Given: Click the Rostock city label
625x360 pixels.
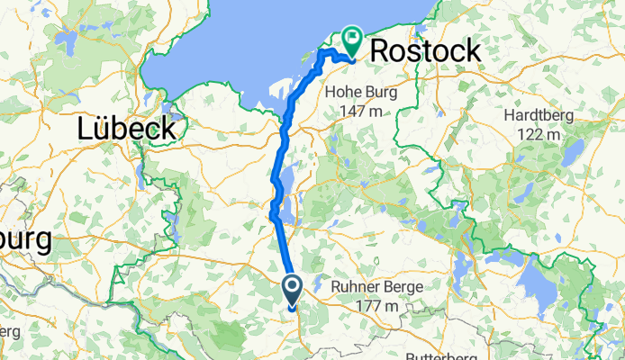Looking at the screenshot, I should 426,50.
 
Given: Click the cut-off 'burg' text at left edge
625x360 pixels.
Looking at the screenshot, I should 25,242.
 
